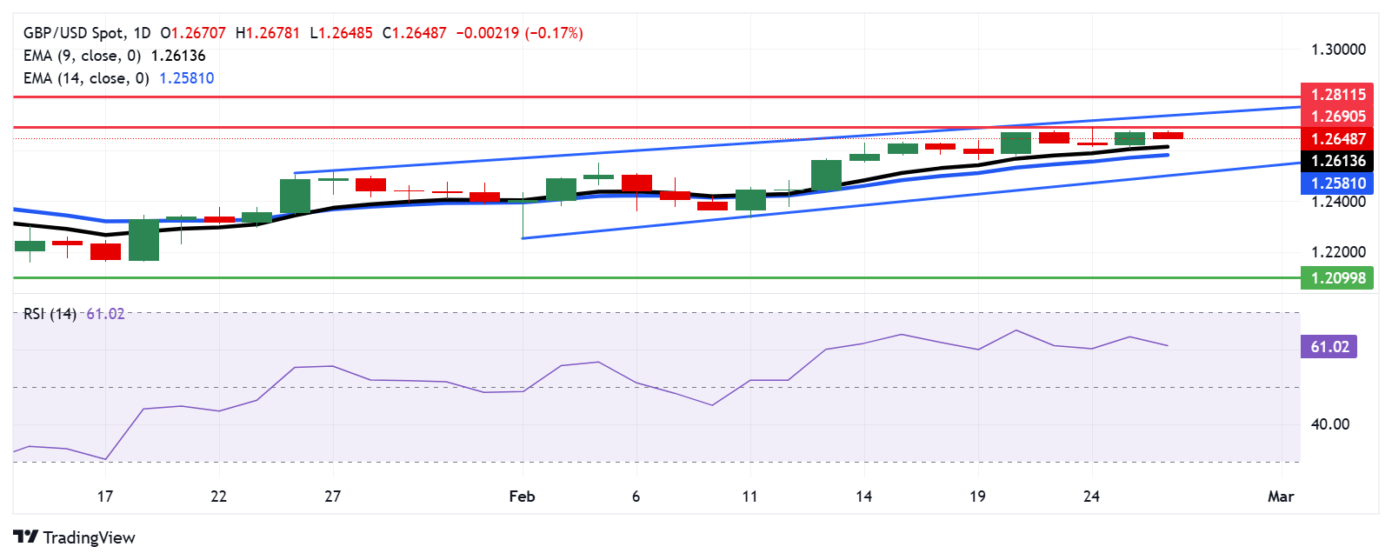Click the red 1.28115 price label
click(1337, 94)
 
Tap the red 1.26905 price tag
click(1337, 117)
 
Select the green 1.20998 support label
click(1337, 278)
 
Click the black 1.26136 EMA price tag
click(1337, 161)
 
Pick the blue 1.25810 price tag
click(1337, 183)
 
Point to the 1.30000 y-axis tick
click(1338, 50)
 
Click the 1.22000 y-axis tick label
click(1338, 252)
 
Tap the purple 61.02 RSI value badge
click(1329, 347)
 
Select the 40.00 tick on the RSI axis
click(1330, 424)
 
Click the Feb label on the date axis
click(522, 497)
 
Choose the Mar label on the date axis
click(1281, 497)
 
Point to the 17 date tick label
click(105, 497)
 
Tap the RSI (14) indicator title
click(50, 314)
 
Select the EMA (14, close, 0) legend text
click(86, 78)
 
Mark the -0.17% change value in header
click(554, 33)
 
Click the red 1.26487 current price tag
click(1337, 139)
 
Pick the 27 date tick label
click(332, 497)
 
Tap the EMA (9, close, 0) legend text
click(82, 56)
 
